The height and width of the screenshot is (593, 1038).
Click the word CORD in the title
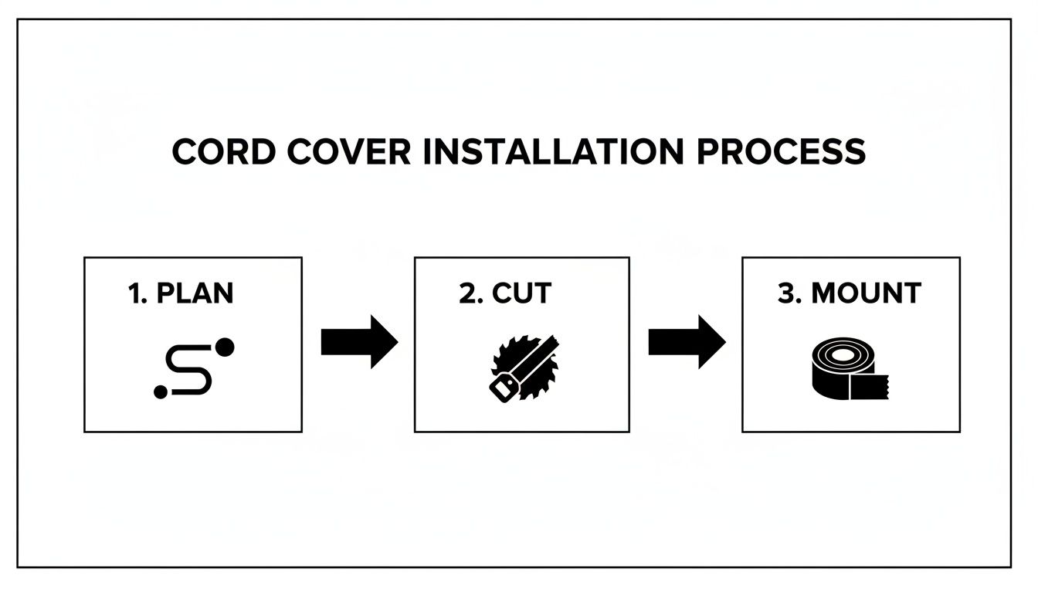pos(223,151)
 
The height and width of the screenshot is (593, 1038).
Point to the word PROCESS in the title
pos(781,151)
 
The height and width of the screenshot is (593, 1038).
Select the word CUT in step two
pos(522,293)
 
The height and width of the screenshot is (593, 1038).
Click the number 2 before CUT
pos(467,293)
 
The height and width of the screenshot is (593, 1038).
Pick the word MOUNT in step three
pos(867,293)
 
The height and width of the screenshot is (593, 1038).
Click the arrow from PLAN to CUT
pos(359,341)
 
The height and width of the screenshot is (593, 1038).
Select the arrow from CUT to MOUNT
pos(687,341)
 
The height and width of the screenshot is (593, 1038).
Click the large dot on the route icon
pos(225,347)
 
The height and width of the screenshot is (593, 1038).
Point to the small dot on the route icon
pos(161,392)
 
